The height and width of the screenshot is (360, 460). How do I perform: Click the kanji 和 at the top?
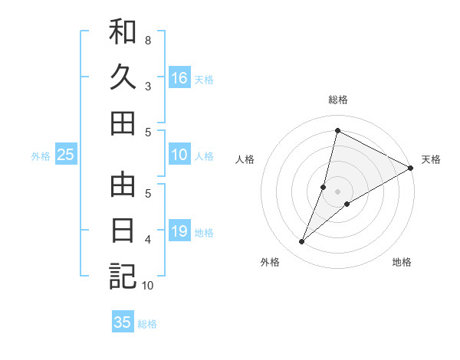[123, 31]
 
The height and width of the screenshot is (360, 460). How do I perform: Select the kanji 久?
[123, 77]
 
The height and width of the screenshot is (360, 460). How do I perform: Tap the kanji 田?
[123, 123]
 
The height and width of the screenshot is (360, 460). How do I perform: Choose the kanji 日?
[123, 231]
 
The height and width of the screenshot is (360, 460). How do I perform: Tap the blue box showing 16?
[179, 78]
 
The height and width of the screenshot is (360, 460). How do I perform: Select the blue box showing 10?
[179, 155]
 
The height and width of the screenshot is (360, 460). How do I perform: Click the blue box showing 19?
[179, 231]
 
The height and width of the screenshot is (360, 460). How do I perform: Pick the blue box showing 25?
[65, 155]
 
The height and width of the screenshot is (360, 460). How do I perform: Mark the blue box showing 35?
[123, 322]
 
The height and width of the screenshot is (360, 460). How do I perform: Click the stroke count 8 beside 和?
[148, 40]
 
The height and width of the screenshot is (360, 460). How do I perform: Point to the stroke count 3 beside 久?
[148, 86]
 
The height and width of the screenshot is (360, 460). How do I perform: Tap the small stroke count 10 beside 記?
[148, 286]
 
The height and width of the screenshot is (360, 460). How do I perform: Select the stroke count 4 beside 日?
[148, 239]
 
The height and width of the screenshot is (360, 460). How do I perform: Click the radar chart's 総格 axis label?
[337, 100]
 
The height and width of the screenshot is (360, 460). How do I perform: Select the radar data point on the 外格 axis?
[302, 242]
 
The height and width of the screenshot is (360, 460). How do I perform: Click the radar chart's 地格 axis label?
[402, 262]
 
